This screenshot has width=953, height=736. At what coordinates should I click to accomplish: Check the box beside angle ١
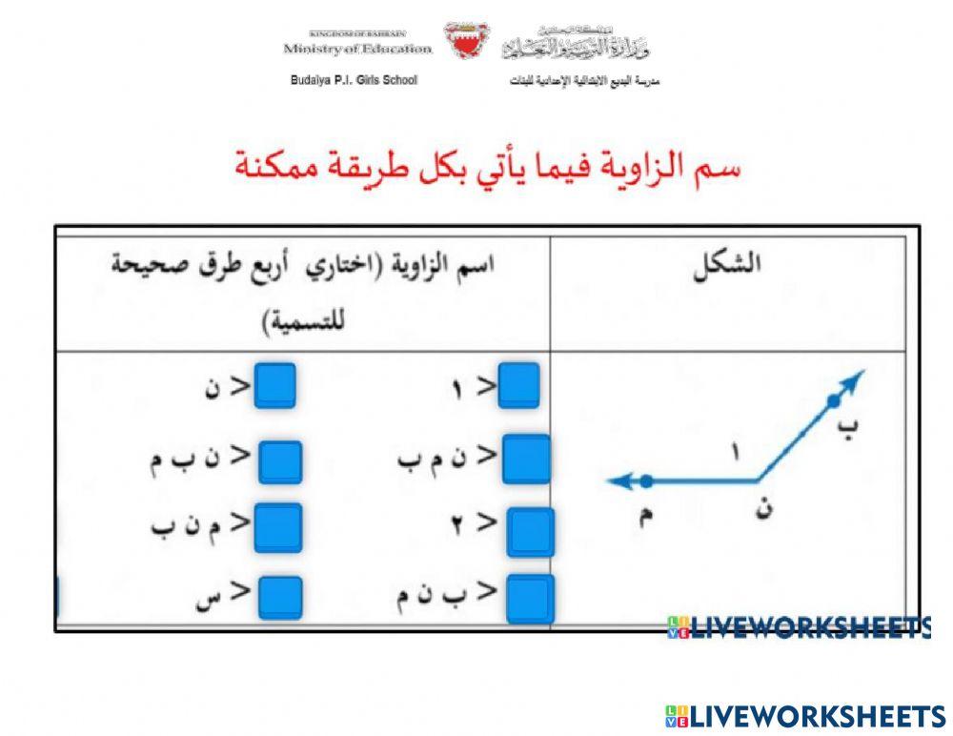tap(518, 386)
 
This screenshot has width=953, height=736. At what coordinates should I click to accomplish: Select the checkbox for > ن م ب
tap(526, 459)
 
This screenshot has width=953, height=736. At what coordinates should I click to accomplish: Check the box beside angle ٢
tap(530, 531)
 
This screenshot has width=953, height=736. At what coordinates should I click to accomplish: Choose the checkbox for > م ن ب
tap(278, 527)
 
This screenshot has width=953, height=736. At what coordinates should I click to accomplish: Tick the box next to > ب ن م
tap(530, 598)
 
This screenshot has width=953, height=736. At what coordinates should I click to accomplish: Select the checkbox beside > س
tap(279, 598)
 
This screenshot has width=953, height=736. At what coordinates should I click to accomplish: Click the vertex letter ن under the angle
tap(762, 510)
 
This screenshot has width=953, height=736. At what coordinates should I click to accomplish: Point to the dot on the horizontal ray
tap(647, 480)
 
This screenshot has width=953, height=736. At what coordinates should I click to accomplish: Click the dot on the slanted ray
tap(834, 399)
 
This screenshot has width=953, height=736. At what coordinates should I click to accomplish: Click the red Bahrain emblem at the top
tap(467, 41)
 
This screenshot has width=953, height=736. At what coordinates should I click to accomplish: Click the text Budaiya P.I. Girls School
tap(354, 80)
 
